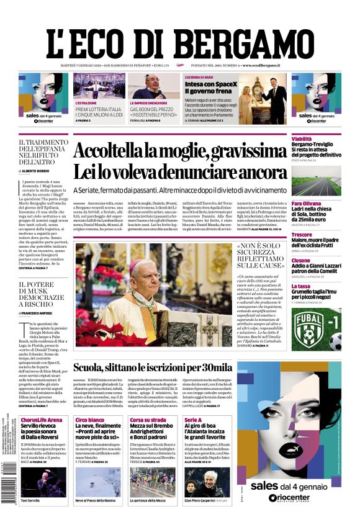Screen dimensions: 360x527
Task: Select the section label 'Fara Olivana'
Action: pos(307,204)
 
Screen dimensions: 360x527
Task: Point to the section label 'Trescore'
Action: pos(302,235)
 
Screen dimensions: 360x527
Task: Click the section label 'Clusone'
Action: pos(301,260)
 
